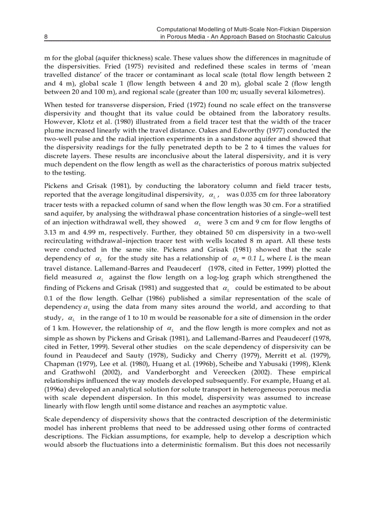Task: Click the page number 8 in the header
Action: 46,36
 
